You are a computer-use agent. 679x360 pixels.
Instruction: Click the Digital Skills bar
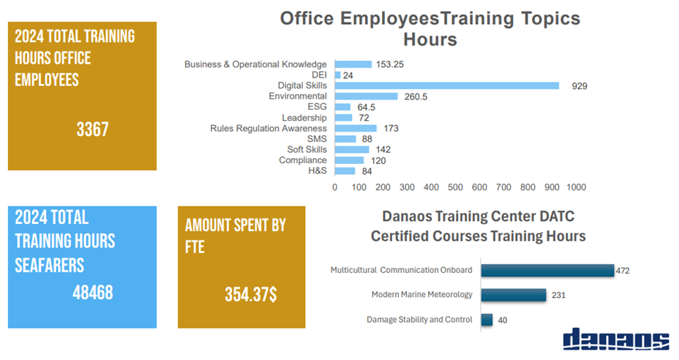pos(446,86)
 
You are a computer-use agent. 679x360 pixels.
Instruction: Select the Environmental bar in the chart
pos(366,97)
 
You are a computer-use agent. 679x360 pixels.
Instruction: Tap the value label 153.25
pos(390,64)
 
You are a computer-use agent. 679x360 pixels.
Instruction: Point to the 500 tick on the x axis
pos(455,187)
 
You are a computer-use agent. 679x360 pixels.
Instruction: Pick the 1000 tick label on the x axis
pos(576,187)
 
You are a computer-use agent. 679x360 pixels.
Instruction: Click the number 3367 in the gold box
pos(92,130)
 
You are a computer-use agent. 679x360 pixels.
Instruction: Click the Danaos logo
pos(615,340)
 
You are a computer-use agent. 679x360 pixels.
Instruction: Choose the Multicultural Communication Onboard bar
pos(547,271)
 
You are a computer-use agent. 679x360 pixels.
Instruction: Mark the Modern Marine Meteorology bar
pos(514,295)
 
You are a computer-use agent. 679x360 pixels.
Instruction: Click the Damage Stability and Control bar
pos(487,319)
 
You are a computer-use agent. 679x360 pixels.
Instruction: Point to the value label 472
pos(623,271)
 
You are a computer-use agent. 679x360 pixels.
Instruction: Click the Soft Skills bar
pos(352,149)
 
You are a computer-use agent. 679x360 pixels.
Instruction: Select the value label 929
pos(579,86)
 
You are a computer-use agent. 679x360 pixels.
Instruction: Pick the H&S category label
pos(318,170)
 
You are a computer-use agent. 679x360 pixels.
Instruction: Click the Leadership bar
pos(343,118)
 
